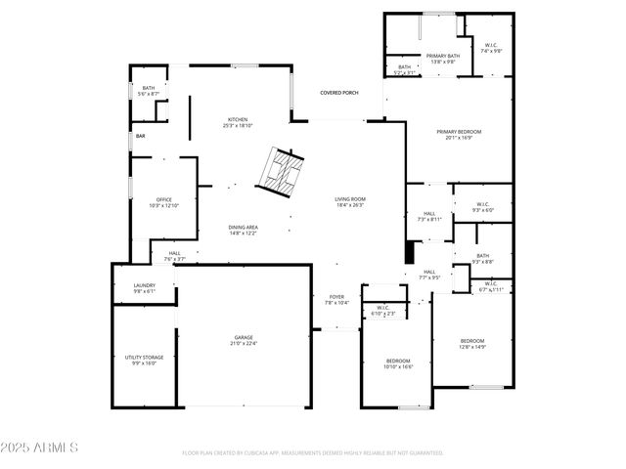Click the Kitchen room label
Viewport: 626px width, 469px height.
point(239,122)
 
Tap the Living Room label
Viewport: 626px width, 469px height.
point(350,201)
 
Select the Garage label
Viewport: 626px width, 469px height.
point(244,340)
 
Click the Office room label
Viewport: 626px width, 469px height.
point(164,202)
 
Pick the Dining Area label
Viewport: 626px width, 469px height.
point(243,230)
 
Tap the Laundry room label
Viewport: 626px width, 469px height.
point(144,288)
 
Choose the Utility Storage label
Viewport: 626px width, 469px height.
point(144,360)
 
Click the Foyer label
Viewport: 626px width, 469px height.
point(336,299)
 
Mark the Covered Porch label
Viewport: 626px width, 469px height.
point(339,93)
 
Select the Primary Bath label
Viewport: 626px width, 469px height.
point(443,59)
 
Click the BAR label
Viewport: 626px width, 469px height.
point(141,136)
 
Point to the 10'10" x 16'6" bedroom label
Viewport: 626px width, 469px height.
point(399,363)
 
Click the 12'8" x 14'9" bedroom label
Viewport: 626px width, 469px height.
point(472,343)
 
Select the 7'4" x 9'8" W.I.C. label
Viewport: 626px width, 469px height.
point(491,48)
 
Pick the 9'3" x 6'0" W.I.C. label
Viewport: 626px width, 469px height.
point(483,208)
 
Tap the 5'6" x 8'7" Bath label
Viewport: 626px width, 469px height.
point(148,91)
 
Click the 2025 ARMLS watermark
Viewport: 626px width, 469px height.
point(41,448)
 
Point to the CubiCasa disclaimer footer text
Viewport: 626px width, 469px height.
point(313,453)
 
